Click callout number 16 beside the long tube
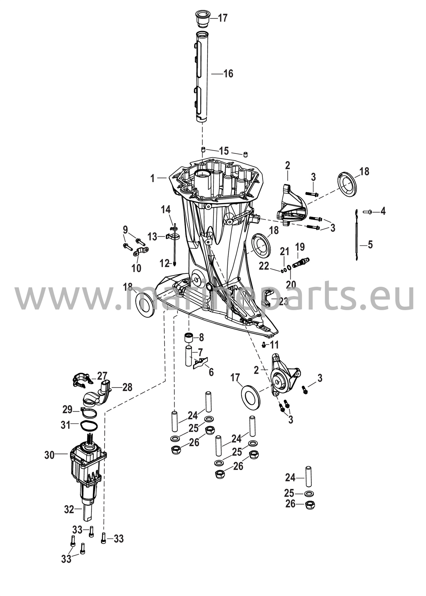click(x=228, y=74)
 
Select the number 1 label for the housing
click(x=153, y=178)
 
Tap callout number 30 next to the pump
click(x=49, y=455)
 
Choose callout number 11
click(x=274, y=345)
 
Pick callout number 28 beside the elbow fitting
click(x=127, y=387)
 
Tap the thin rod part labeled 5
click(x=357, y=234)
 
